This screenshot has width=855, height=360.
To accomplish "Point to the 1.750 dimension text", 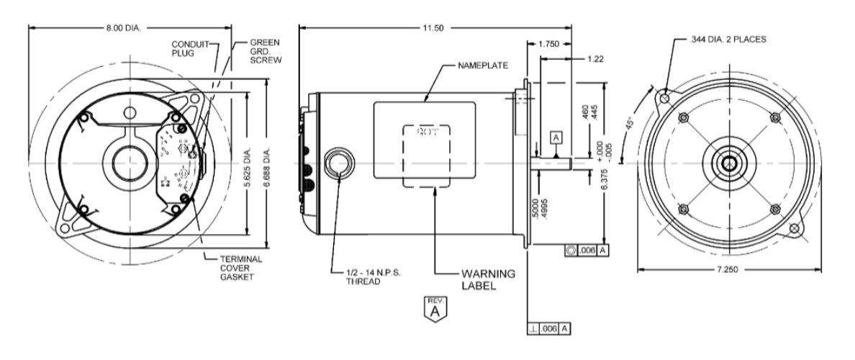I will point(550,44).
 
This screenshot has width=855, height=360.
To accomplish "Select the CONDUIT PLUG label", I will point(189,48).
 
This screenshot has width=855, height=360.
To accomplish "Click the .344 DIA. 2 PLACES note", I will point(729,41).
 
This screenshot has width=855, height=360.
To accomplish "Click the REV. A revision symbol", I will point(433,307).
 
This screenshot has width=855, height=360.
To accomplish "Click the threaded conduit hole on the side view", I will point(337,164).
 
